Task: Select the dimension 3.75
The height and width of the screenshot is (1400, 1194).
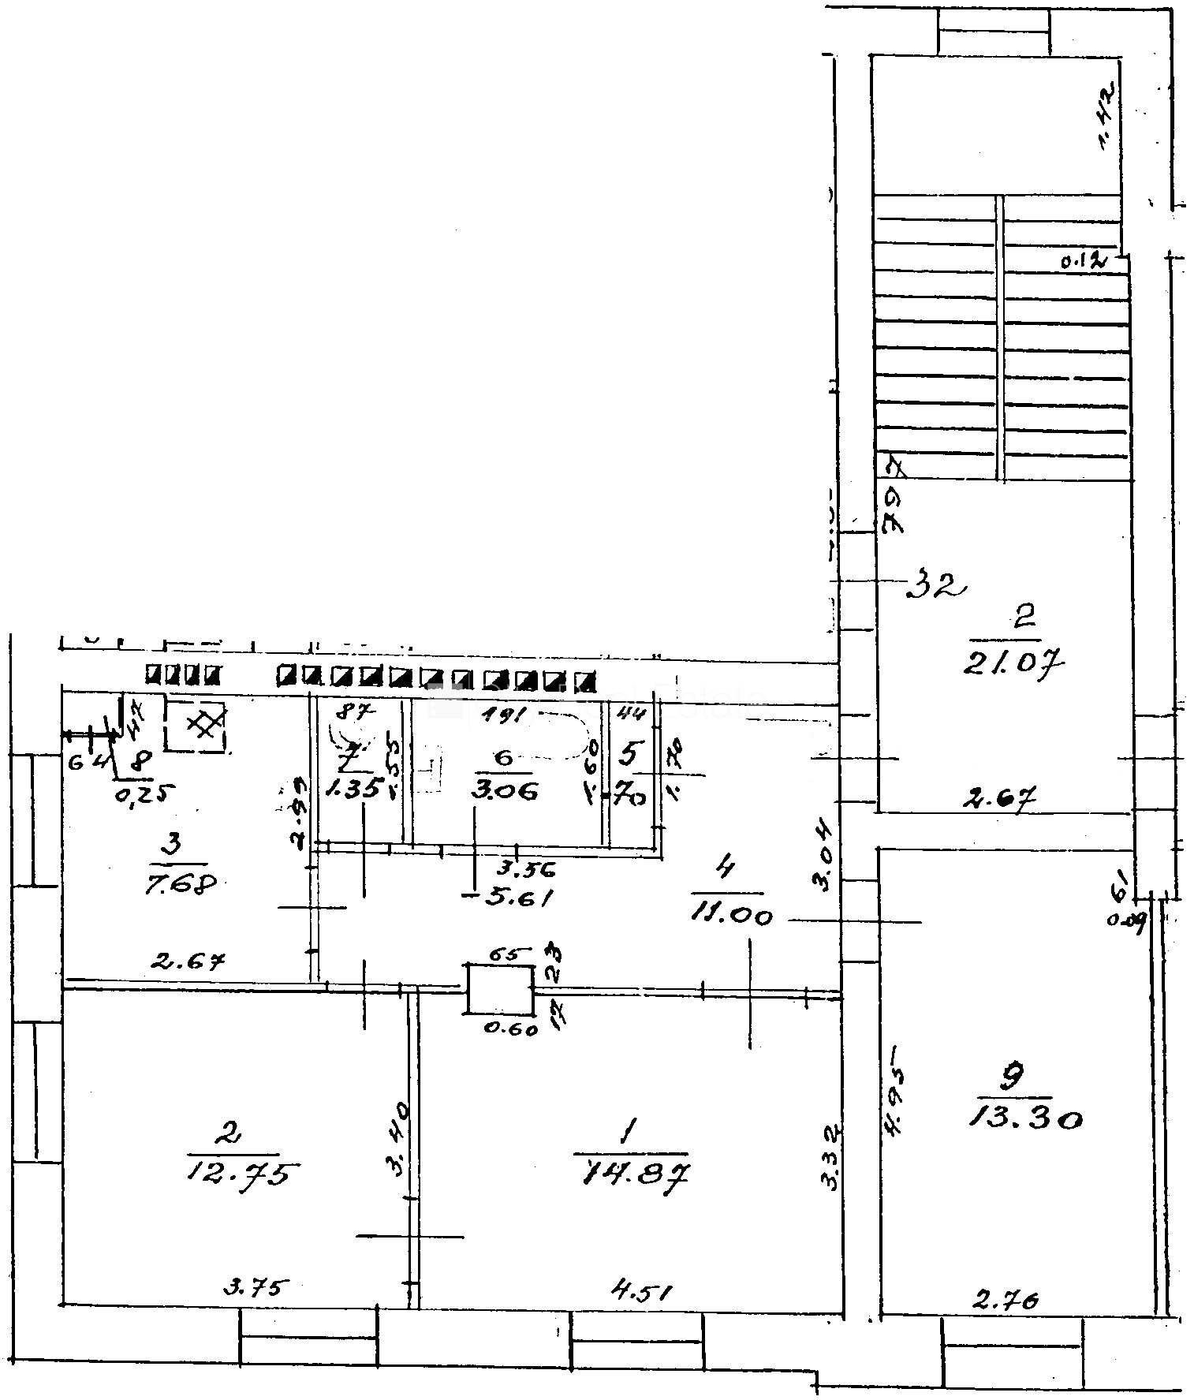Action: (251, 1288)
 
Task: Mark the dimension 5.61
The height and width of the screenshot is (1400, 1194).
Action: (518, 897)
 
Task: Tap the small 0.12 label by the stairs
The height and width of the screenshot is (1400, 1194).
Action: (1084, 261)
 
